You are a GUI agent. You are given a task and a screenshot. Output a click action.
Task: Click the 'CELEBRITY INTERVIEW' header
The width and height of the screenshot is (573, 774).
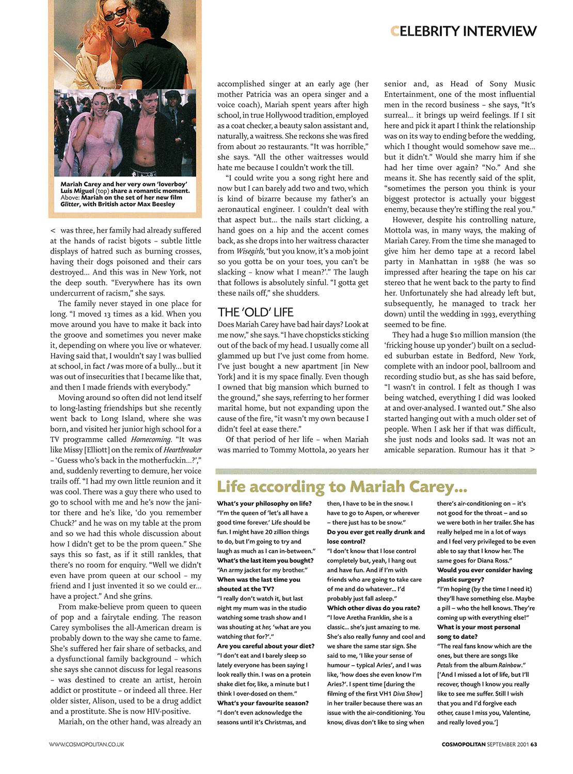(464, 31)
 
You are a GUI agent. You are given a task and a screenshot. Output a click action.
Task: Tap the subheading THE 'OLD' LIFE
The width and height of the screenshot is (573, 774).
(256, 312)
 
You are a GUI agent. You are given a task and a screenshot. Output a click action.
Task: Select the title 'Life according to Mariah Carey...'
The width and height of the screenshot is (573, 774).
(342, 486)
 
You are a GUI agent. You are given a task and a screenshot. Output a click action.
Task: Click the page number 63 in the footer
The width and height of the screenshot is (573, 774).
(534, 744)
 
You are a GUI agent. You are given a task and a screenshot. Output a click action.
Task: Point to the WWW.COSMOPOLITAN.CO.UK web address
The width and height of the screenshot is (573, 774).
(87, 744)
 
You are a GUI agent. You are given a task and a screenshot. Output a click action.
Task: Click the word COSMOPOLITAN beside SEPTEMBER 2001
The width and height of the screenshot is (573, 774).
(464, 744)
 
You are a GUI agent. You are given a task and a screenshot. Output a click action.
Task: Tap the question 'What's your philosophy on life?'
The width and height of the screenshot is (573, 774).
(264, 504)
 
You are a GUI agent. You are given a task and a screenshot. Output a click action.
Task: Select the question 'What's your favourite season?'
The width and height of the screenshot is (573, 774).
(263, 703)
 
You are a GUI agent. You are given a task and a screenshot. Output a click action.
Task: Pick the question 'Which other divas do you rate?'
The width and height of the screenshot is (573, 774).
(373, 608)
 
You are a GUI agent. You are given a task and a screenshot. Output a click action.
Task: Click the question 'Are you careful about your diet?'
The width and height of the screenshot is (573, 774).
(265, 646)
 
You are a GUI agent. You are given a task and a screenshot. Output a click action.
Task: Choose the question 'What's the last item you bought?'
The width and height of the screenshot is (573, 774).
(265, 560)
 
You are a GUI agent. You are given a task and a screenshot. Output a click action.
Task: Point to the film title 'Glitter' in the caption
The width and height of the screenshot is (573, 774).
(70, 204)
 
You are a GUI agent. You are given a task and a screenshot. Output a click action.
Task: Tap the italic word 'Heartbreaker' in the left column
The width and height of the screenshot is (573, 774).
(183, 450)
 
